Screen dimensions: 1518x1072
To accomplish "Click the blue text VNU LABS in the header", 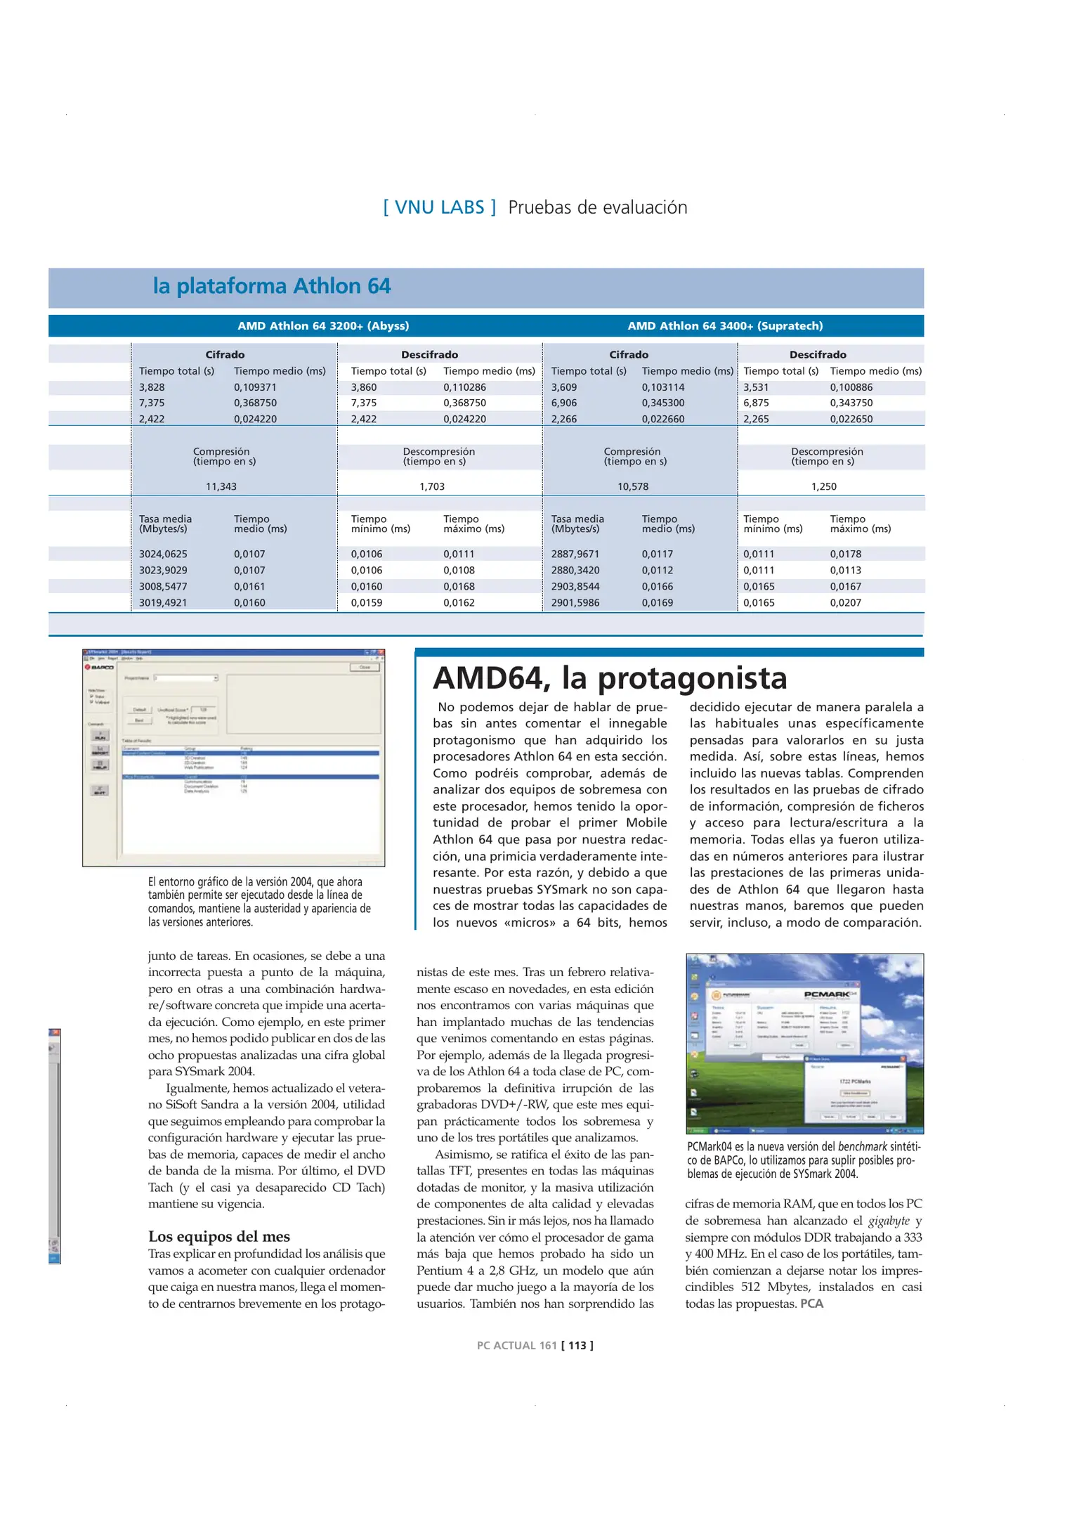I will click(440, 207).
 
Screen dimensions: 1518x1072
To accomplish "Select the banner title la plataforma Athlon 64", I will click(271, 287).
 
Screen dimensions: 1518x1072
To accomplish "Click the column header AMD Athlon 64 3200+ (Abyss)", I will click(323, 326).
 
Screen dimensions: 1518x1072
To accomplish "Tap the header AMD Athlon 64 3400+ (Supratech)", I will click(725, 326).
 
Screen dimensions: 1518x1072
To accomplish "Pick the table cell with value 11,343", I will click(221, 486).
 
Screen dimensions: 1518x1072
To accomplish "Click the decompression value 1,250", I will click(823, 486).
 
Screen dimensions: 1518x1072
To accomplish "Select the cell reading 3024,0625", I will click(163, 554).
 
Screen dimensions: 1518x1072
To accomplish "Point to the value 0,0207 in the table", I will click(845, 602).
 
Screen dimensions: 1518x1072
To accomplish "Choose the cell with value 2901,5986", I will click(575, 602).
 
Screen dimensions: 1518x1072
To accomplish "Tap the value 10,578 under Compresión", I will click(632, 486).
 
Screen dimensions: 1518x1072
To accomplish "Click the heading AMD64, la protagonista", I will click(609, 678).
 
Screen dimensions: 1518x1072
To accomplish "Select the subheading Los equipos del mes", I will click(218, 1236).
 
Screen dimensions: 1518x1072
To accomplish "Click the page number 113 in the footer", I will click(577, 1345).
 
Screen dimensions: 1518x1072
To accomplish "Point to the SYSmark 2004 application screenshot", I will click(233, 758).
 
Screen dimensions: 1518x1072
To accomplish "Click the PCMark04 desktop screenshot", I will click(804, 1043).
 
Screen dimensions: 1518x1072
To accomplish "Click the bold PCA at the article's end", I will click(811, 1304).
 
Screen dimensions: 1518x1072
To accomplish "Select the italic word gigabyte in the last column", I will click(889, 1221).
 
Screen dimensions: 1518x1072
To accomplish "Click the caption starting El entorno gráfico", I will click(259, 902).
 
